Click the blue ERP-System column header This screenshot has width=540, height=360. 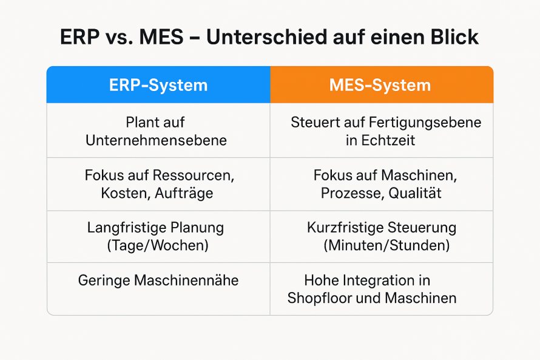point(158,85)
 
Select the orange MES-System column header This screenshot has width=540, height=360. point(381,85)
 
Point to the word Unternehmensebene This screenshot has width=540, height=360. point(156,140)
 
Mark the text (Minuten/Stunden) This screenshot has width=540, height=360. point(386,246)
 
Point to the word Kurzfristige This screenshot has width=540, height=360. point(344,228)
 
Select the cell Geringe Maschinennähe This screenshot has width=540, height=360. point(158,280)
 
